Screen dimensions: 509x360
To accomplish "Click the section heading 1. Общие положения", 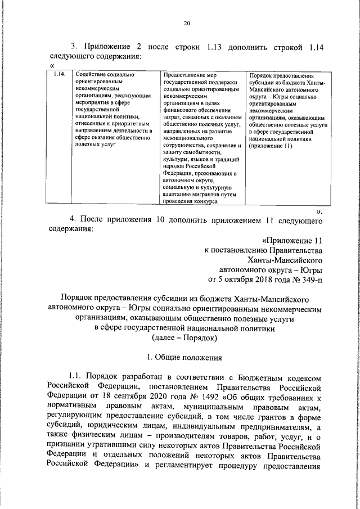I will click(184, 357).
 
